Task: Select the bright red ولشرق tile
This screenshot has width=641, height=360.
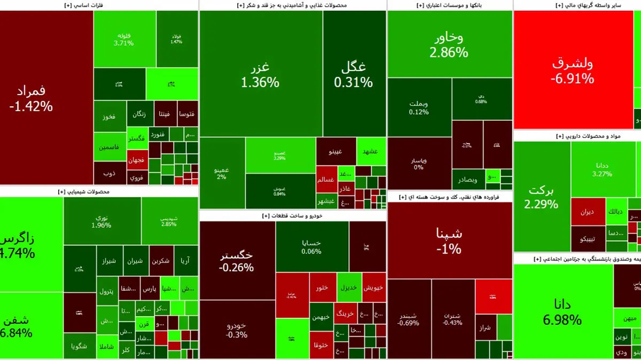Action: coord(572,70)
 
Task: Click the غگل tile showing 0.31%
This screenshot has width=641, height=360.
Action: coord(354,75)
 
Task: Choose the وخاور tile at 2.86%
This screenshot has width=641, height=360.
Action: coord(449,44)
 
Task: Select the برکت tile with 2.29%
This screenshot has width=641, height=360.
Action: coord(541,197)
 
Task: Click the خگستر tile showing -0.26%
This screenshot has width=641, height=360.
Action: coord(237,261)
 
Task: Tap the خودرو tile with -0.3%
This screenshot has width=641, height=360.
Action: coord(237,330)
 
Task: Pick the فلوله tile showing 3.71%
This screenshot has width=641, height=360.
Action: coord(123,39)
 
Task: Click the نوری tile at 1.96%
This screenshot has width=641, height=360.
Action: coord(101,221)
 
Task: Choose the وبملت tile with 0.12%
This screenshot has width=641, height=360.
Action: coord(419,107)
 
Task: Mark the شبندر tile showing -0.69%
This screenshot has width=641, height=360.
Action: coord(409,319)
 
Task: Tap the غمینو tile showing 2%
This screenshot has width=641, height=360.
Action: coord(222,173)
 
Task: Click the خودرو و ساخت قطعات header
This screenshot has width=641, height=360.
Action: coord(292,216)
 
